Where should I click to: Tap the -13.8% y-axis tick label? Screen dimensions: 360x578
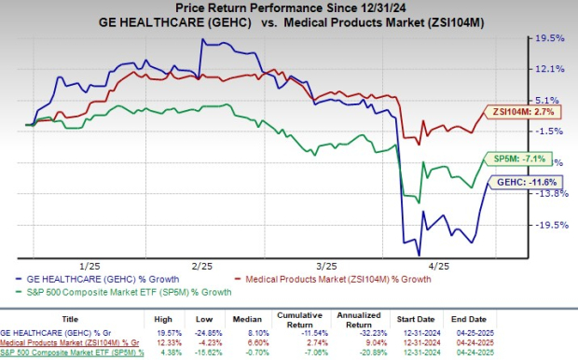(547, 193)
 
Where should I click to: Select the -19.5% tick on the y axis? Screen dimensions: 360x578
(547, 225)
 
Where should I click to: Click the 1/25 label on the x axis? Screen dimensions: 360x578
(90, 265)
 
